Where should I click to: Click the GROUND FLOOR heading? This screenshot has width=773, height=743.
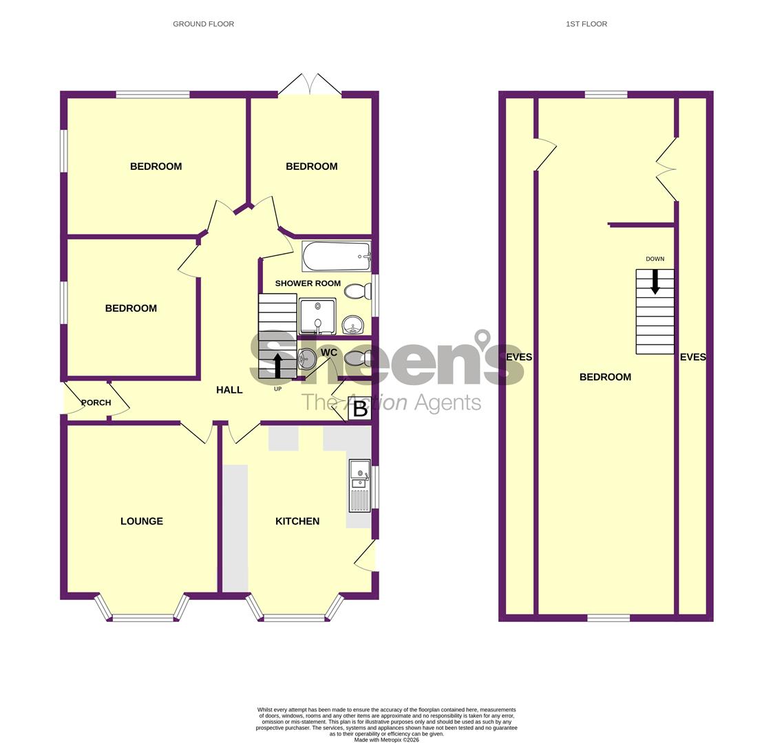tap(203, 24)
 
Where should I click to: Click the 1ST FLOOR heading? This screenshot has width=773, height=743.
tap(586, 24)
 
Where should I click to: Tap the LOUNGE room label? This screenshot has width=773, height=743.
tap(142, 521)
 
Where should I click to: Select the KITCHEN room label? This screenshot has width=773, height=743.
tap(297, 521)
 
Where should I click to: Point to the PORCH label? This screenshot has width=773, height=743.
tap(96, 402)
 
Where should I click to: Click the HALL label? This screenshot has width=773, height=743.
tap(229, 390)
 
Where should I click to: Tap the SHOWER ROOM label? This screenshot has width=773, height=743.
tap(308, 283)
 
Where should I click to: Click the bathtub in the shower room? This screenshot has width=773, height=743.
tap(336, 257)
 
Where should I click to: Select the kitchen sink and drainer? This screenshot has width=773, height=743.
tap(359, 486)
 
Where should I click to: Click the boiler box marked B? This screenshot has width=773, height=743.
tap(359, 409)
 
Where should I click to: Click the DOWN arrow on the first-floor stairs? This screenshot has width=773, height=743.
tap(655, 281)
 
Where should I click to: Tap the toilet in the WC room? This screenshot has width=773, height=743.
tap(357, 358)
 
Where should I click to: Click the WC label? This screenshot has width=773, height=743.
tap(329, 353)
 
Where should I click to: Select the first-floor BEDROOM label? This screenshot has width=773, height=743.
tap(605, 377)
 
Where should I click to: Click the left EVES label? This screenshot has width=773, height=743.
tap(518, 357)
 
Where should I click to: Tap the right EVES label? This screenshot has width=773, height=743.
tap(692, 357)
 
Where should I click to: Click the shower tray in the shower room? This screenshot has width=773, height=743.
tap(317, 316)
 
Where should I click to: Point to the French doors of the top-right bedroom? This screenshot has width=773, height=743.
tap(310, 85)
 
